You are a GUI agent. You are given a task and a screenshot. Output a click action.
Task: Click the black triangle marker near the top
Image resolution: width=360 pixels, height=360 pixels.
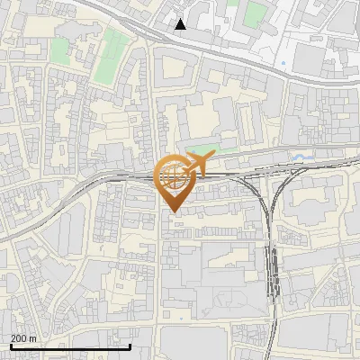(181, 24)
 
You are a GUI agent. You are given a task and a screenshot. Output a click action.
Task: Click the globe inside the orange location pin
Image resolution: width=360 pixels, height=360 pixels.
(172, 176)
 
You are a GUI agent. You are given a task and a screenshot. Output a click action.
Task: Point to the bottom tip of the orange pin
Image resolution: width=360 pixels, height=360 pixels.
(172, 211)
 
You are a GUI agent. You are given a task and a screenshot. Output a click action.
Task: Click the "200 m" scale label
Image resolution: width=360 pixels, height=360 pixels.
(23, 338)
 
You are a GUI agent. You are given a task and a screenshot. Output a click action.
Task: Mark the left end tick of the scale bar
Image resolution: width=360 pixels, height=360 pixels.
(11, 346)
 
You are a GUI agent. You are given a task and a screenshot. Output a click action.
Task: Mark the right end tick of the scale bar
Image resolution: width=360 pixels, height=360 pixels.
(130, 346)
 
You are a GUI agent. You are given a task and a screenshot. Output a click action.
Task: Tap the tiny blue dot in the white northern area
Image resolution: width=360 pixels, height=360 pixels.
(283, 64)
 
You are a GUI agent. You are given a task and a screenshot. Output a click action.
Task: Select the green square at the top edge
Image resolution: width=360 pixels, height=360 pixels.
(256, 13)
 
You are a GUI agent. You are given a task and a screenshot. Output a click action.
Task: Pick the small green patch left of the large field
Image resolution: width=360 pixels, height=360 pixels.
(59, 50)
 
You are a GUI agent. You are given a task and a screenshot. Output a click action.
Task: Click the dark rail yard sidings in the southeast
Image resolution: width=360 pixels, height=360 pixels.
(273, 270)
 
